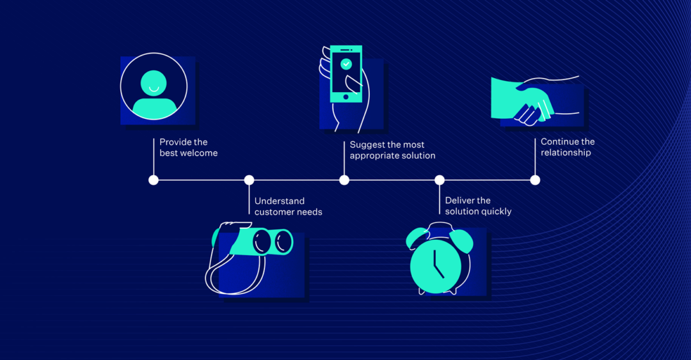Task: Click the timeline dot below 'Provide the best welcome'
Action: [x=154, y=180]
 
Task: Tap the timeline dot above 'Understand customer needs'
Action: [x=249, y=180]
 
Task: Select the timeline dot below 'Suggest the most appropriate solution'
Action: [x=344, y=180]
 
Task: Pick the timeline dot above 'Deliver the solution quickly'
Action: [x=440, y=180]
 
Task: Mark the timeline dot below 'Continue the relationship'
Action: [x=535, y=180]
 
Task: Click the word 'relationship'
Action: [x=566, y=153]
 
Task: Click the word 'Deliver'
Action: [x=459, y=201]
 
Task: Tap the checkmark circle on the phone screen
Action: [x=346, y=64]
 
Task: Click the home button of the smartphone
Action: [x=346, y=97]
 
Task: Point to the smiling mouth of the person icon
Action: [x=154, y=89]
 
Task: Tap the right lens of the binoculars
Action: [x=282, y=242]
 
